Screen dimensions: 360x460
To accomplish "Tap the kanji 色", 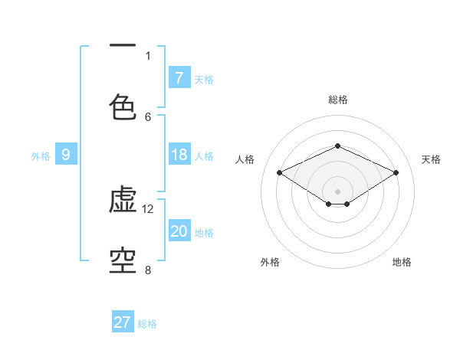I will click(x=123, y=106).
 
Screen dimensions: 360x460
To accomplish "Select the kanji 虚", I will click(x=123, y=201).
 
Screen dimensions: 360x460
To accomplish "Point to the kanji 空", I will click(x=123, y=260).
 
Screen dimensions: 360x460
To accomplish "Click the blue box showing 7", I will click(x=179, y=78).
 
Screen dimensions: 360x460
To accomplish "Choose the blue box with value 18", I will click(x=179, y=155).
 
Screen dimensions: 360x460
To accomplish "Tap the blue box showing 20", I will click(x=179, y=231).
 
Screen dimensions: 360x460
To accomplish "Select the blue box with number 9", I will click(x=66, y=155).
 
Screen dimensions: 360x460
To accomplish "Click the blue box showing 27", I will click(x=123, y=322).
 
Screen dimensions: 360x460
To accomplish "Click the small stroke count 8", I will click(x=148, y=269).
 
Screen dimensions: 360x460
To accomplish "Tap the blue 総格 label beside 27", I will click(x=147, y=324).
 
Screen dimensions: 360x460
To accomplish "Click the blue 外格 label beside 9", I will click(x=41, y=156).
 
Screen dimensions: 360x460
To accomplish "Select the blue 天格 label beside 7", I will click(x=204, y=79).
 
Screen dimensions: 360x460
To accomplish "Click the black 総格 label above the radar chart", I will click(x=337, y=100).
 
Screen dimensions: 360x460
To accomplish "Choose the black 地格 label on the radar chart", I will click(x=402, y=262).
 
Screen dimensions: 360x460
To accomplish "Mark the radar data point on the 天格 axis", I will click(x=396, y=173).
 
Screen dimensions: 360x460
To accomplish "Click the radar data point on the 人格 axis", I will click(x=280, y=173).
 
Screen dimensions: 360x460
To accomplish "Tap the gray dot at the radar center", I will click(x=337, y=191).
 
